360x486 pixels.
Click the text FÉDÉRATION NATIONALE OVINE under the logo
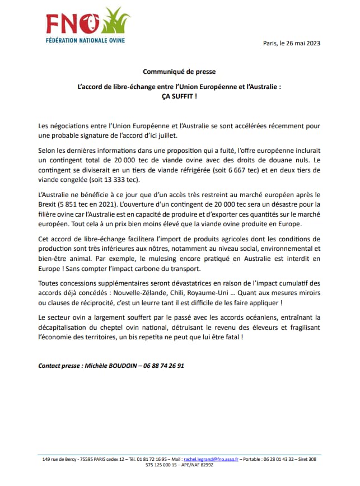pos(85,40)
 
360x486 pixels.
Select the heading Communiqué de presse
pos(179,72)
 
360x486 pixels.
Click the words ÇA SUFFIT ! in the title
pos(179,96)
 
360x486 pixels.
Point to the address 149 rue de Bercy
pos(59,459)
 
